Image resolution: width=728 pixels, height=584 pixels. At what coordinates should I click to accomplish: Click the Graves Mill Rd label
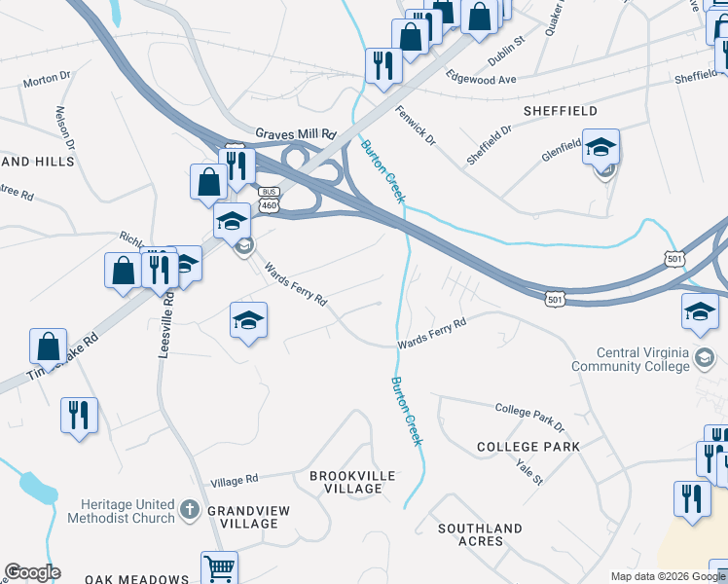tap(295, 133)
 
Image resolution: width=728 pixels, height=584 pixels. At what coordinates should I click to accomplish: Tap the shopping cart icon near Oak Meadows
tap(219, 567)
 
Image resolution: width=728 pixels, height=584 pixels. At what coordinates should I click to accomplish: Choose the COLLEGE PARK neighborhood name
tap(528, 447)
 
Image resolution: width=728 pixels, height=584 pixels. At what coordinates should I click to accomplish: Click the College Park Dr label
tap(529, 417)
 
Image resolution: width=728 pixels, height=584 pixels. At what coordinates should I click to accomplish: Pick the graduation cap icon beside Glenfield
tap(601, 148)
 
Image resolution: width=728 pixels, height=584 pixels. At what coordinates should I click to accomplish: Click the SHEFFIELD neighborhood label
tap(560, 111)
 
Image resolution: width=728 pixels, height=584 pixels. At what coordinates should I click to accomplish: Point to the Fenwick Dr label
tap(417, 126)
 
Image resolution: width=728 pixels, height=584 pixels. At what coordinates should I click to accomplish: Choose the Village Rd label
tap(235, 480)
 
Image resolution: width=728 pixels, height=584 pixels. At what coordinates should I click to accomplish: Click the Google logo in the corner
tap(32, 572)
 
